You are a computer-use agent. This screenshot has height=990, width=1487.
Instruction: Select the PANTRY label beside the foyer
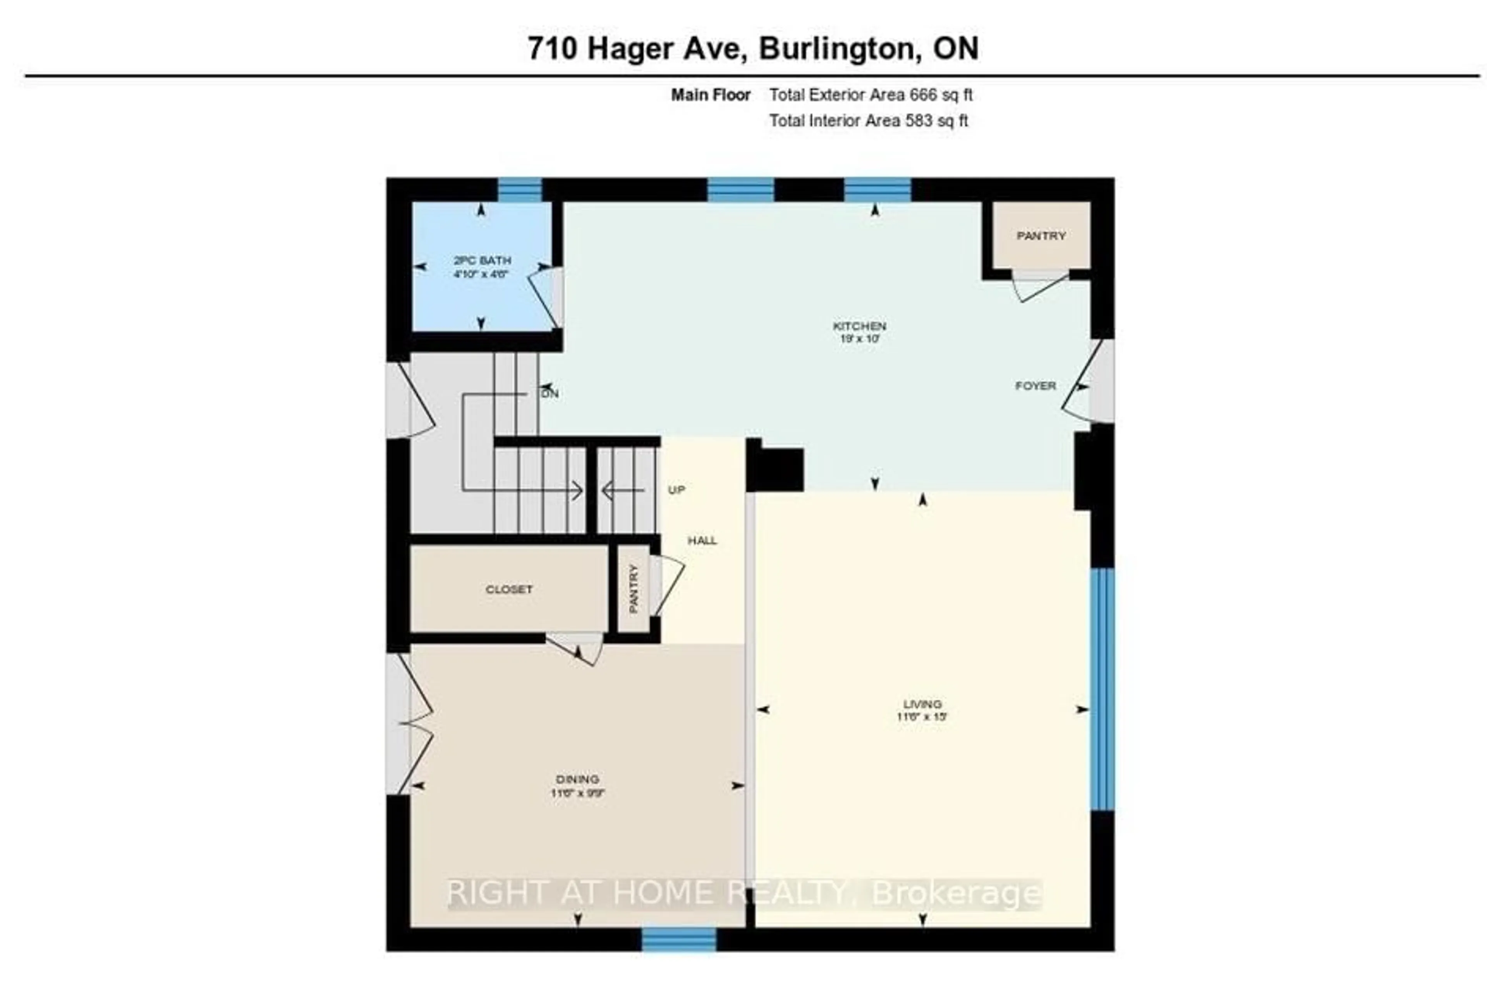click(x=1041, y=235)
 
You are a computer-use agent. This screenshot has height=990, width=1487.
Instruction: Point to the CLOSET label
click(x=509, y=589)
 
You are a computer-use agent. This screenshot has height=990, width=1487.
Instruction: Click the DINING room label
click(x=577, y=779)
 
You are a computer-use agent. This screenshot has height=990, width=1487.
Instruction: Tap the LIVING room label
click(x=922, y=704)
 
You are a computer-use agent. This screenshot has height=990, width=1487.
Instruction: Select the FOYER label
click(x=1035, y=386)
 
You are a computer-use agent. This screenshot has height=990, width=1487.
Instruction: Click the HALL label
click(x=702, y=540)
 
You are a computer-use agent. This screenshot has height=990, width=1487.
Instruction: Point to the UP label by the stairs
click(x=676, y=490)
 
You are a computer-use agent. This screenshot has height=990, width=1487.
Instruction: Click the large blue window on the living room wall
click(x=1102, y=689)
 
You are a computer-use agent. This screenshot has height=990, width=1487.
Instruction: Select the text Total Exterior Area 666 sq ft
click(x=870, y=95)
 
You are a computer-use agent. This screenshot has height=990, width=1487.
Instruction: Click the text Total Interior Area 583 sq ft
click(x=868, y=120)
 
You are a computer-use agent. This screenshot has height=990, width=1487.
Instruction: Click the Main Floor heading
click(x=710, y=95)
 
